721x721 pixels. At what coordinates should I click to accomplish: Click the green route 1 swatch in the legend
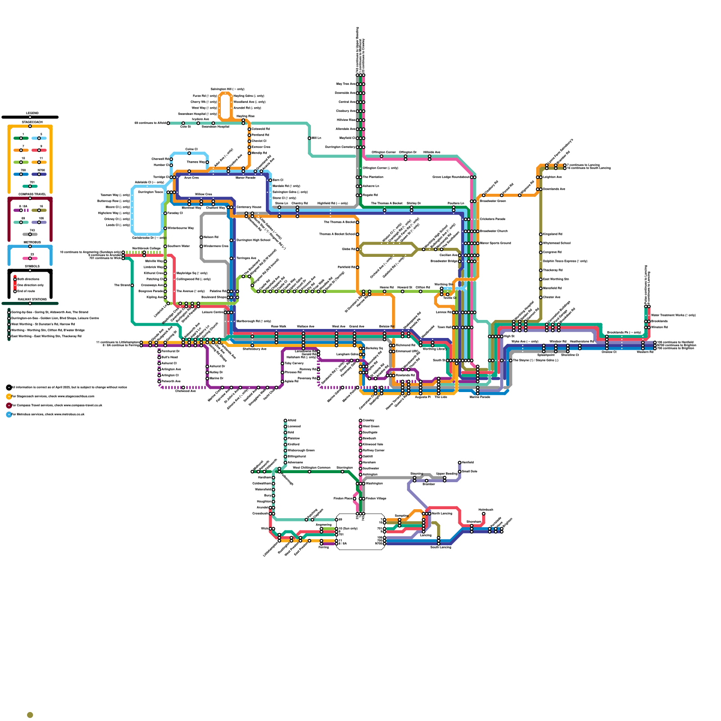click(21, 138)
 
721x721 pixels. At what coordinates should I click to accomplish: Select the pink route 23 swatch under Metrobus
click(30, 258)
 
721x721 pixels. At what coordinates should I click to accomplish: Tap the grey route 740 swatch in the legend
click(30, 234)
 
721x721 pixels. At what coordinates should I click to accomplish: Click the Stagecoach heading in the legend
click(32, 122)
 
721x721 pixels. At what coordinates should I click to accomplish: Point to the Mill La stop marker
click(310, 138)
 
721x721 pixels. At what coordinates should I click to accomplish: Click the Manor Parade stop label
click(246, 178)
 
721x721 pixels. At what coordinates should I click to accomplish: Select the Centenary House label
click(249, 207)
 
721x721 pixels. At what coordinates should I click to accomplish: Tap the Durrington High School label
click(253, 240)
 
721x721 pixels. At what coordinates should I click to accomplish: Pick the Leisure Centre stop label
click(213, 312)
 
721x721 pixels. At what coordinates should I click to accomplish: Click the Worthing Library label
click(434, 349)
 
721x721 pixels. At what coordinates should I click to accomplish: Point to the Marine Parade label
click(479, 397)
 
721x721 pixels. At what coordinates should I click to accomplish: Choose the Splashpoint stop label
click(546, 355)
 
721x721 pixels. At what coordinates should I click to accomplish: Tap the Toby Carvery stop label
click(294, 363)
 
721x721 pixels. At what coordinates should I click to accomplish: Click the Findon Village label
click(376, 498)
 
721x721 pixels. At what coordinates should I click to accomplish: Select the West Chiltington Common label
click(311, 468)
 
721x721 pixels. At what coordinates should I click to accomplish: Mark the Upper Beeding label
click(447, 474)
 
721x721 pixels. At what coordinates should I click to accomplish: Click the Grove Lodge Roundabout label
click(451, 177)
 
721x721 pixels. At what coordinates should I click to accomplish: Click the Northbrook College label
click(146, 248)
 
